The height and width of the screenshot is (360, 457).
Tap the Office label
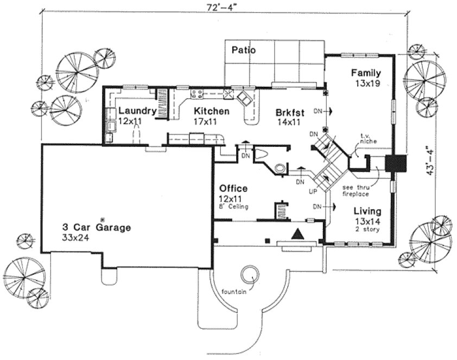point(233,189)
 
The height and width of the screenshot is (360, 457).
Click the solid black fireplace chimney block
point(396,163)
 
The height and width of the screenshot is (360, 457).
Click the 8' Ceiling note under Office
point(234,207)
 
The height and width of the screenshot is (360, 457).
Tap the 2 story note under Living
point(366,229)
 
